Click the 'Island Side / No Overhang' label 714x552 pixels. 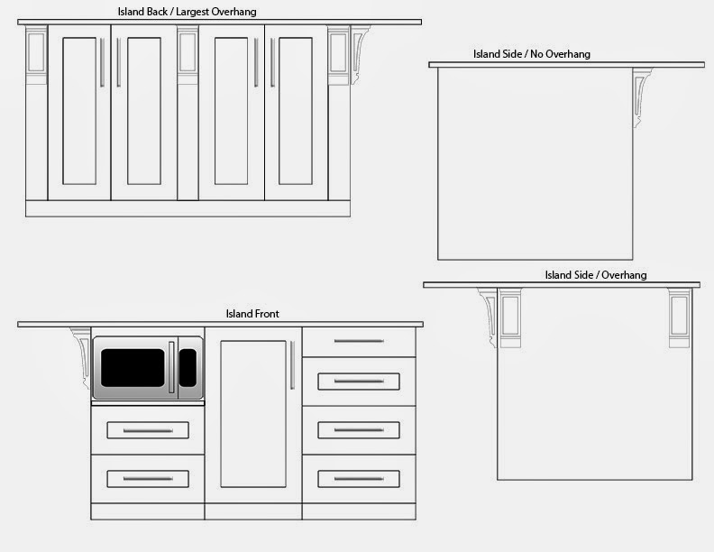[532, 54]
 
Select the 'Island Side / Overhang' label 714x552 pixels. [595, 274]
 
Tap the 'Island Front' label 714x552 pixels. [252, 314]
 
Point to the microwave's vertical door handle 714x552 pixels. [171, 367]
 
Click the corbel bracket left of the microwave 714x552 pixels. [80, 345]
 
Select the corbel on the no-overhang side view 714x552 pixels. [643, 95]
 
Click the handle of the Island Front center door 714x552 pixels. [291, 365]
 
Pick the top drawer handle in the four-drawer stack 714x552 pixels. [359, 341]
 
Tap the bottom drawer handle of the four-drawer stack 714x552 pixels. [359, 479]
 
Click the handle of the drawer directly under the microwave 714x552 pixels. [148, 430]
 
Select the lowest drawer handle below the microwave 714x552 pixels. [148, 478]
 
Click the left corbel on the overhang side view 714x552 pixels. [490, 316]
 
